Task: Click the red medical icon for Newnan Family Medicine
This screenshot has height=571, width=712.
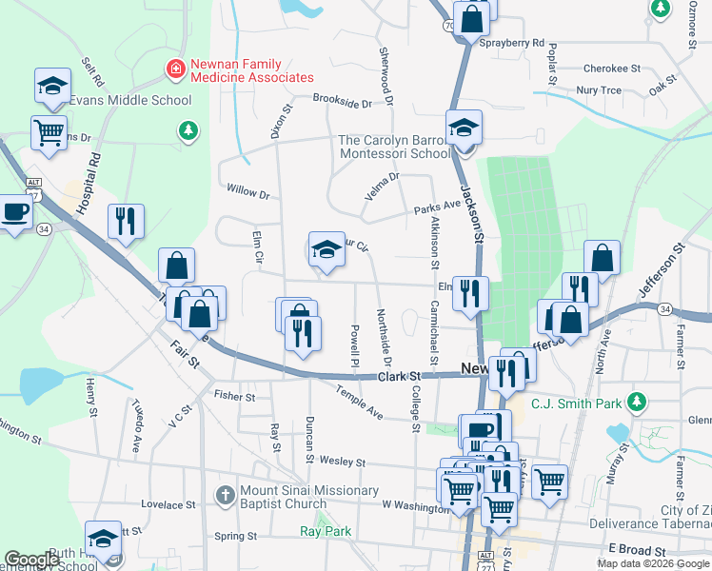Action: tap(175, 69)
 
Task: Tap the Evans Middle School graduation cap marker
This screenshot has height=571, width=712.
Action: tap(53, 86)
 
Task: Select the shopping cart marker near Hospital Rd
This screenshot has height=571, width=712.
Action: tap(49, 131)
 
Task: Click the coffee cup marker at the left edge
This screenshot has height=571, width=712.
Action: tap(13, 211)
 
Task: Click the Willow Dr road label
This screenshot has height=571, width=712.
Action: tap(247, 191)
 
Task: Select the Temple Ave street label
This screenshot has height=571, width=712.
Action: tap(359, 404)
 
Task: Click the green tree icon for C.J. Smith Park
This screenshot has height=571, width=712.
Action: tap(636, 403)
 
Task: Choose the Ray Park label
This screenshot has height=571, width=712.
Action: tap(326, 532)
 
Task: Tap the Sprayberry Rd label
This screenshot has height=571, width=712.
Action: tap(512, 43)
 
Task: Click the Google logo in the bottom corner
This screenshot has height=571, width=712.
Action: tap(32, 560)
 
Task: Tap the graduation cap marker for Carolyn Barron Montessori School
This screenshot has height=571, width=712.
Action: tap(465, 128)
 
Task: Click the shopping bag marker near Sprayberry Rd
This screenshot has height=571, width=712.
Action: tap(471, 17)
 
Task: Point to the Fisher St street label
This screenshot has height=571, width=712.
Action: tap(234, 396)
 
